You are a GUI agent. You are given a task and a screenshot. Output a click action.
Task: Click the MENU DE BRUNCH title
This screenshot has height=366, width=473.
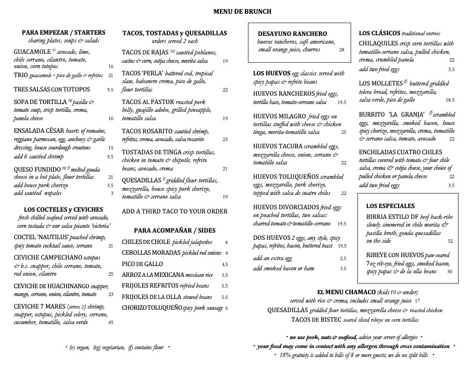[x=236, y=11]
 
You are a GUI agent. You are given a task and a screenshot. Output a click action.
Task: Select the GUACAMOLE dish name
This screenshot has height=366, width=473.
[x=33, y=52]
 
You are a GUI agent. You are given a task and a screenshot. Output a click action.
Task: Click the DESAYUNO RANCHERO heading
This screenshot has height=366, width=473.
[x=292, y=33]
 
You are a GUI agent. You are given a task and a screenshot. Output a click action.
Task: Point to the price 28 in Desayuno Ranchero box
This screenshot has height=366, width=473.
[x=342, y=50]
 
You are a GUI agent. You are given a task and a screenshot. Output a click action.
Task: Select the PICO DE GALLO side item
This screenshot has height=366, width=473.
[x=142, y=264]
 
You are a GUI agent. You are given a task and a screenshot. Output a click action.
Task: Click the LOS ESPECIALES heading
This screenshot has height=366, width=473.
[x=389, y=206]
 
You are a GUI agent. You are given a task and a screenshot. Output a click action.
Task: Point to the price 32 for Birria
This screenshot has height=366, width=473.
[x=450, y=241]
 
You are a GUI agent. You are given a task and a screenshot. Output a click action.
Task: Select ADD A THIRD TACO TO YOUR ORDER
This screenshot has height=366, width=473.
[x=174, y=211]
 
